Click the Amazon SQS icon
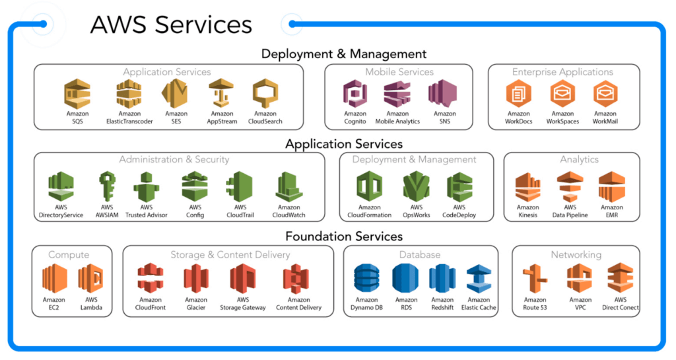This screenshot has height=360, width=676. [77, 94]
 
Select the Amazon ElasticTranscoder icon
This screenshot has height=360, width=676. [129, 94]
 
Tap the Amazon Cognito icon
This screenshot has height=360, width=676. [355, 94]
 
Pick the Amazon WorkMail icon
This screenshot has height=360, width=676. [605, 94]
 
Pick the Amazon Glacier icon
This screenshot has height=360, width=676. [196, 279]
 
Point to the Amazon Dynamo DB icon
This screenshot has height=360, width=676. [366, 279]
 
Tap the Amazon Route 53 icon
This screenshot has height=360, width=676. [535, 279]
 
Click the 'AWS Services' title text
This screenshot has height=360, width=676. [171, 24]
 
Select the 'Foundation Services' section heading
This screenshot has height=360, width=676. [344, 236]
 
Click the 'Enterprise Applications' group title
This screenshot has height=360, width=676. [562, 72]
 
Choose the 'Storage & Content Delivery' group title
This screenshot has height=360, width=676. [230, 255]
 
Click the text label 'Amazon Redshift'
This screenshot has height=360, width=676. [442, 304]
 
